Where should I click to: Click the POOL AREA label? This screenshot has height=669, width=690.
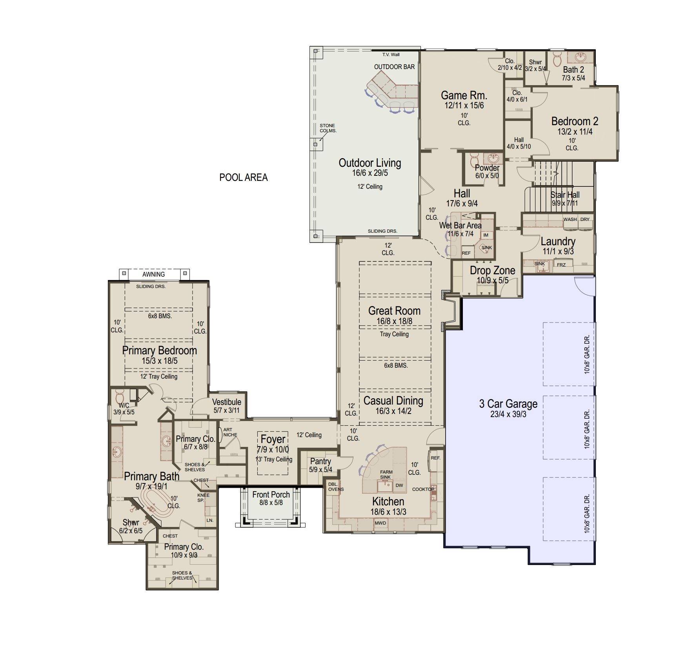click(243, 177)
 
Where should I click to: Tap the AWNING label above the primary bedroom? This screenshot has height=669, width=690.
click(153, 274)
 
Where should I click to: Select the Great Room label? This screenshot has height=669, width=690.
click(394, 311)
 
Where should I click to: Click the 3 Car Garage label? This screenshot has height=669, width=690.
click(508, 404)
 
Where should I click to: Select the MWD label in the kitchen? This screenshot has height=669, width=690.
click(380, 523)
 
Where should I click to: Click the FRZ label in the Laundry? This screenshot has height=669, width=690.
click(561, 265)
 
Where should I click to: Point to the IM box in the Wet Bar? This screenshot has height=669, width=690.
click(486, 235)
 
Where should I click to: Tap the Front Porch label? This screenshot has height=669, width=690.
click(271, 495)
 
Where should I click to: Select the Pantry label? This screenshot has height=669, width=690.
click(320, 461)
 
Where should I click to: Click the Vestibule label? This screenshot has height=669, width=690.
click(227, 402)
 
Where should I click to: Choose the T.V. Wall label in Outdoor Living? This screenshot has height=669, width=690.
click(391, 55)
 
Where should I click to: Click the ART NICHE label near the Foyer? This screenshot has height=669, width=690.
click(230, 432)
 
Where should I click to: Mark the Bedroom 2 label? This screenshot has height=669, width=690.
click(575, 121)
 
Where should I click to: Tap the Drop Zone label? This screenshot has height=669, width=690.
click(492, 270)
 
